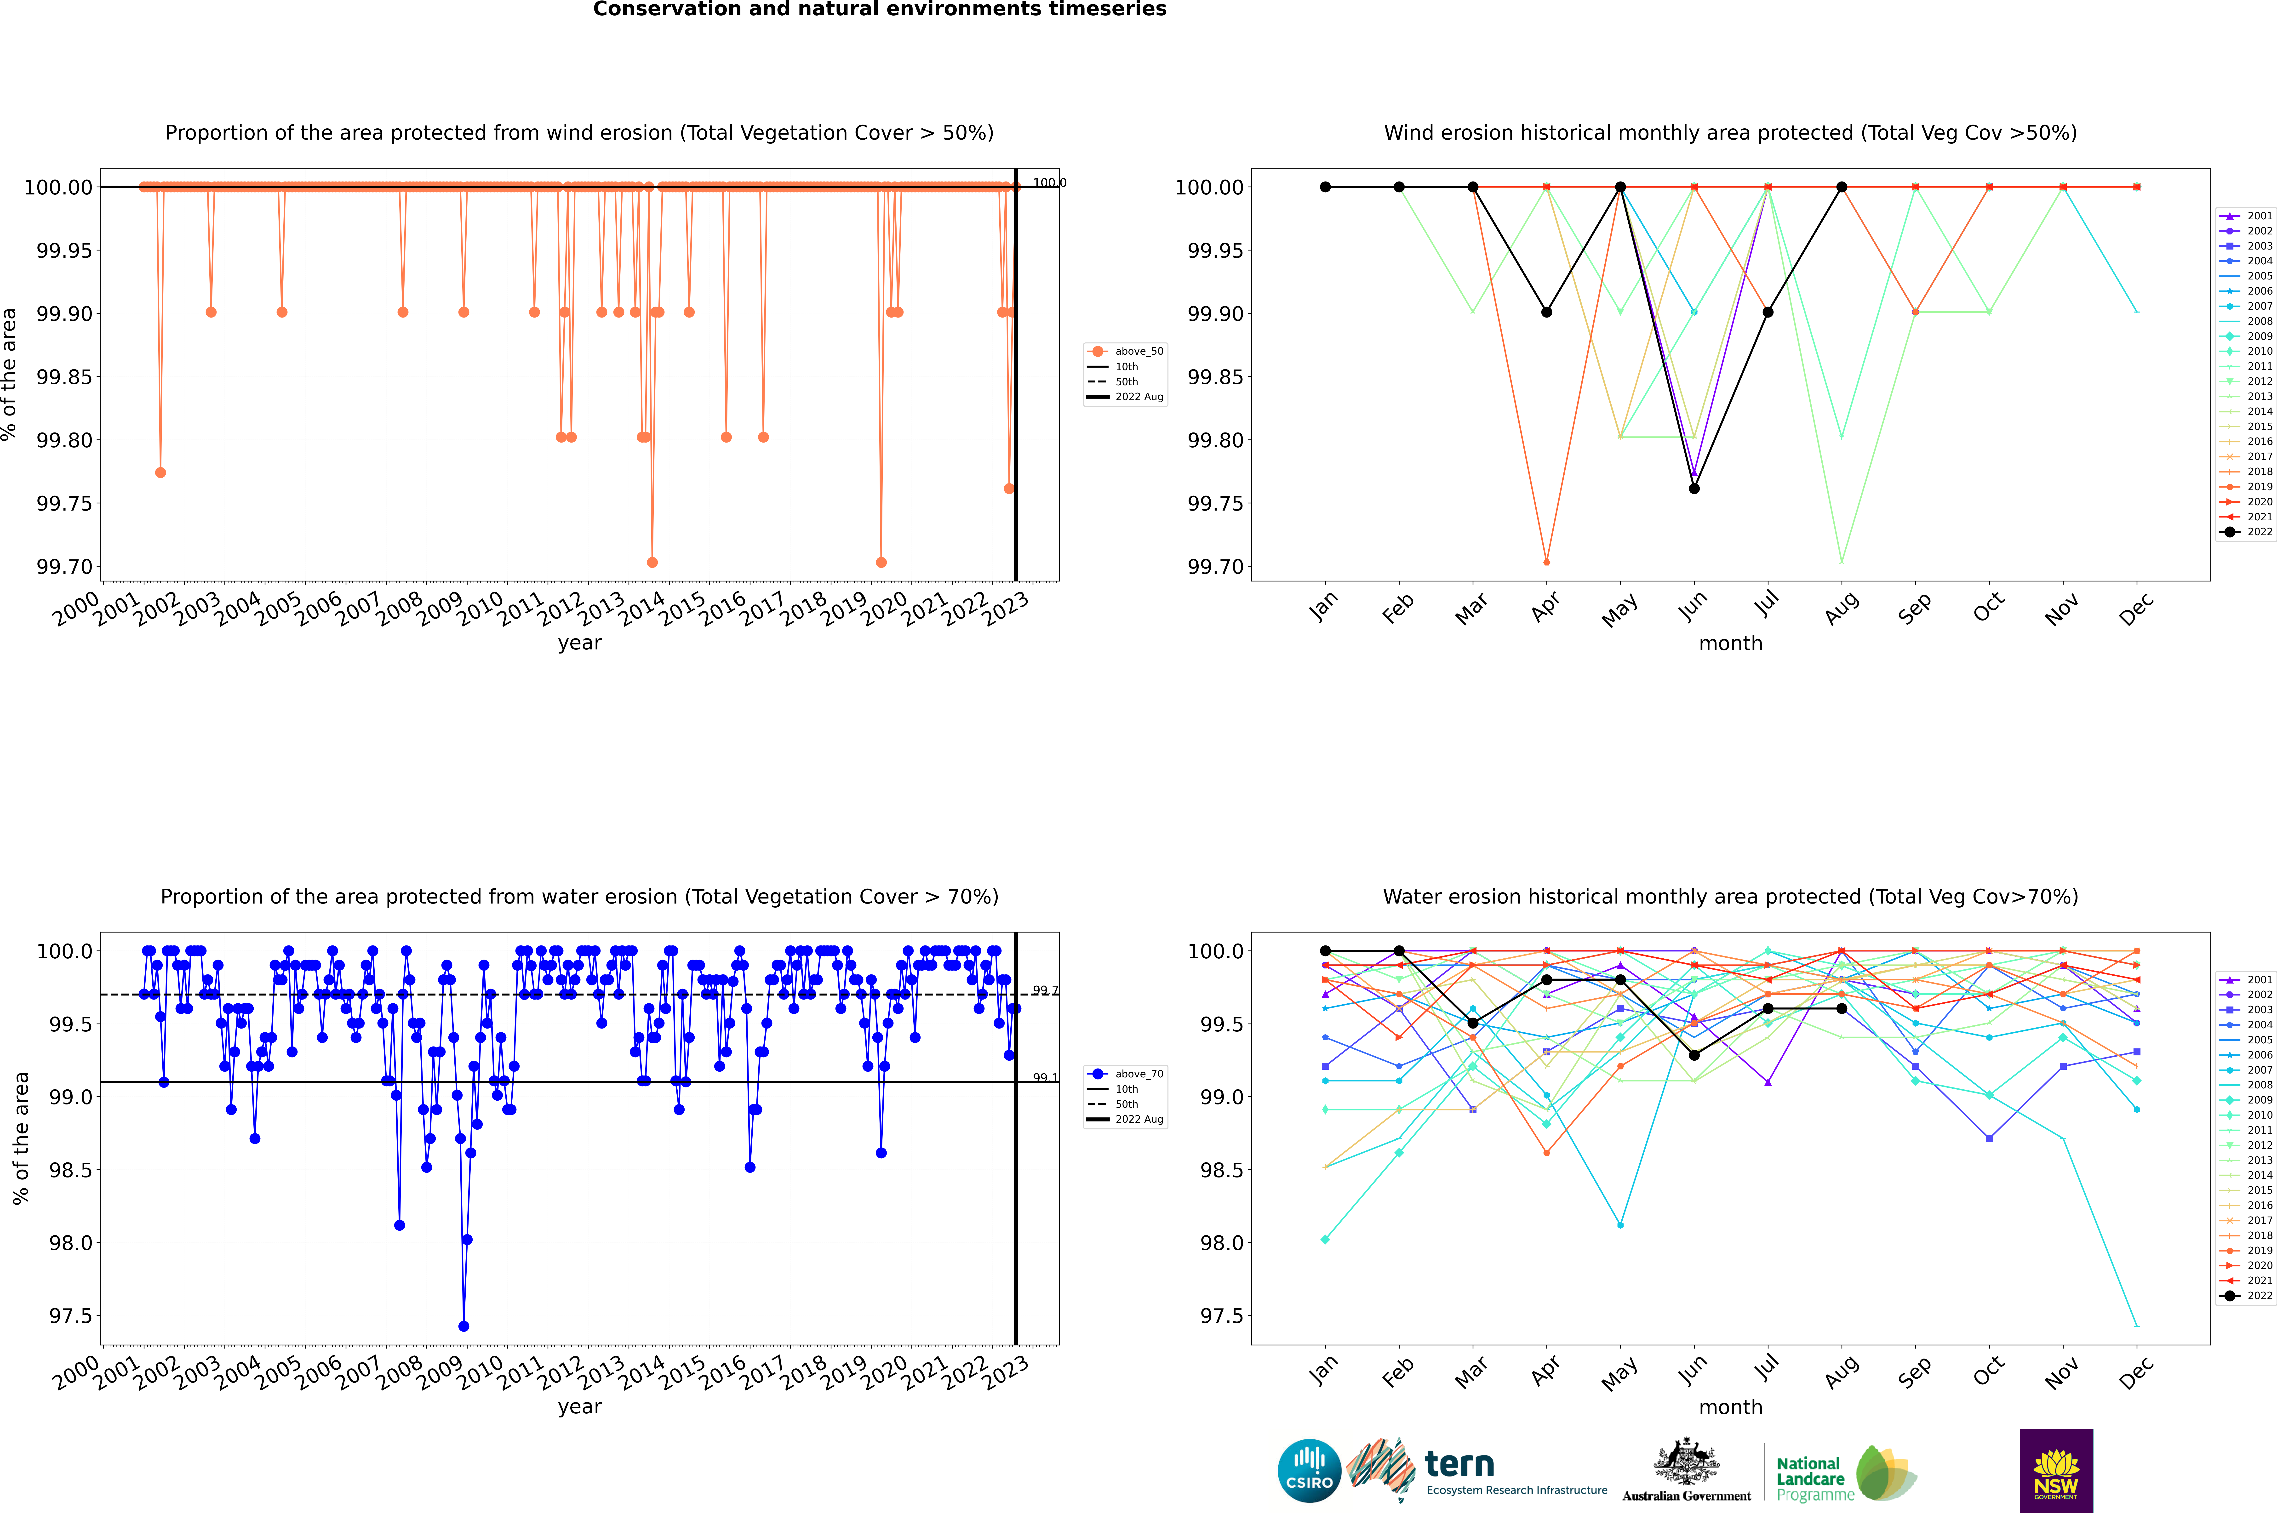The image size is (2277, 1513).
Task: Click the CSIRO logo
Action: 1309,1471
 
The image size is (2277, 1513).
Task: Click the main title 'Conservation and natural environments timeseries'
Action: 879,10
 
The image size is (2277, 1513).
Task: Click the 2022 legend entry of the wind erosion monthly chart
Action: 2247,532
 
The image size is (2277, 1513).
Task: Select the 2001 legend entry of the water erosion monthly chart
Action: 2247,979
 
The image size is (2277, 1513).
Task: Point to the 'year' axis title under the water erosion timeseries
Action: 579,1407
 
